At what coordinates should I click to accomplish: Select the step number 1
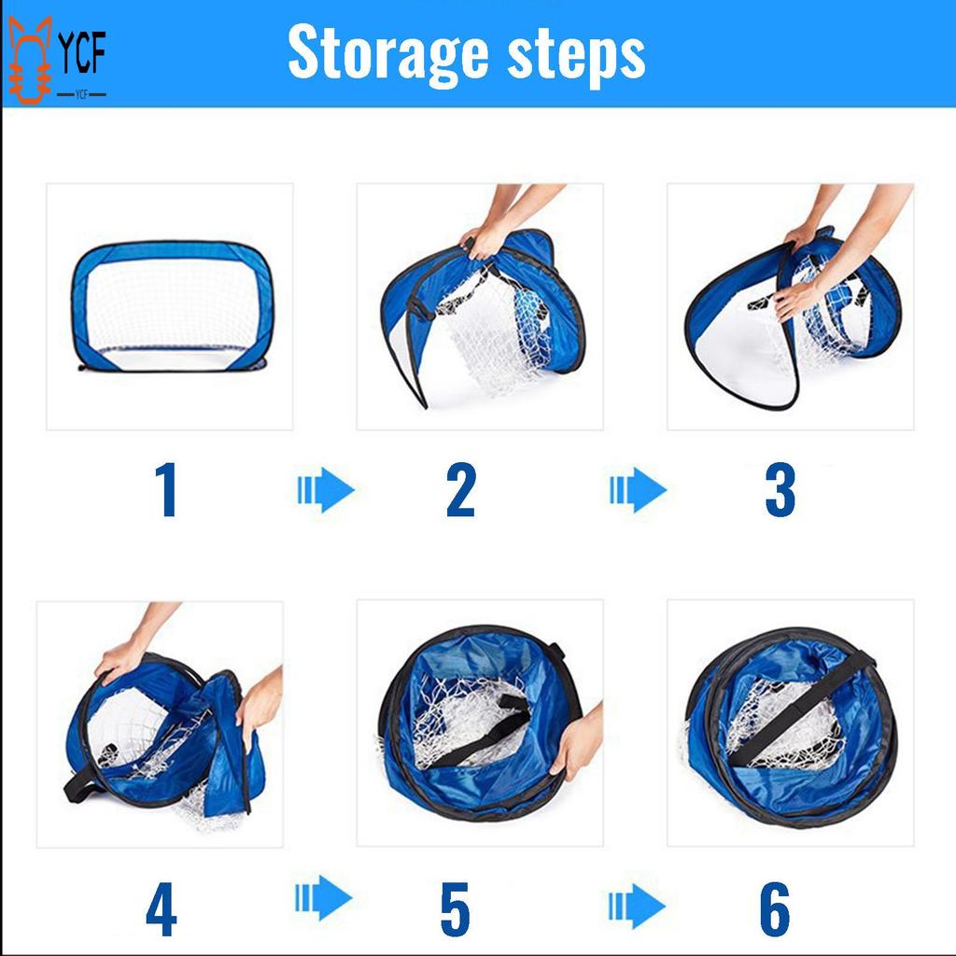(166, 490)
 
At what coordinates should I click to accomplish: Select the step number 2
(460, 490)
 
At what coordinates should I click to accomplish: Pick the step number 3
(780, 490)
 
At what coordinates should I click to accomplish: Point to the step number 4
(161, 908)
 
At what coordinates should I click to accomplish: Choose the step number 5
(455, 908)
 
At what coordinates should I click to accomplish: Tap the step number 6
(775, 908)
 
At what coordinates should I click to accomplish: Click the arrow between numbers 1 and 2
(326, 490)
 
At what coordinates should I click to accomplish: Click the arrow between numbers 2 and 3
(639, 490)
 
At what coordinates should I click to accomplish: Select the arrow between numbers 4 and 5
(324, 898)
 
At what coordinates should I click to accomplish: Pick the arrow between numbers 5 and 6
(637, 905)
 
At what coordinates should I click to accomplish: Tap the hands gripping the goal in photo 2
(485, 241)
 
